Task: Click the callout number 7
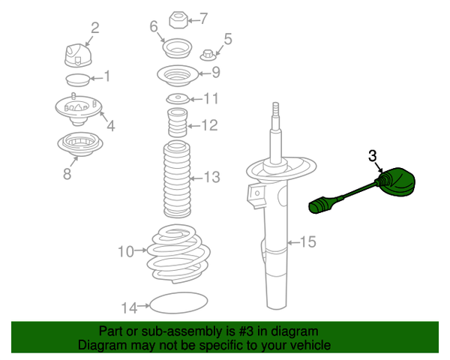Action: [x=203, y=18]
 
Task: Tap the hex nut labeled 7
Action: [x=178, y=19]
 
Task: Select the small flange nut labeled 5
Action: [x=208, y=55]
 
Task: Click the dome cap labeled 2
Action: [x=78, y=55]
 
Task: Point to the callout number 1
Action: [x=106, y=76]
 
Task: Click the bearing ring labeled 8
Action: [x=80, y=144]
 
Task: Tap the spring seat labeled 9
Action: [x=178, y=75]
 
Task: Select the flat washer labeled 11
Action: [x=178, y=98]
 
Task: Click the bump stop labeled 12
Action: [x=177, y=122]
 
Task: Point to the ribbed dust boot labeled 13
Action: [x=177, y=178]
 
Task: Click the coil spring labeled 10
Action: [x=178, y=254]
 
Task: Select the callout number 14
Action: [x=129, y=307]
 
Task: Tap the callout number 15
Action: [x=307, y=241]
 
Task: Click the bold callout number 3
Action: [x=372, y=156]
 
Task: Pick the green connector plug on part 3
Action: [x=320, y=205]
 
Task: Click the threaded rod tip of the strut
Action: [x=275, y=109]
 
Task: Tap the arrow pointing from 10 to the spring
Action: [x=141, y=250]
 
